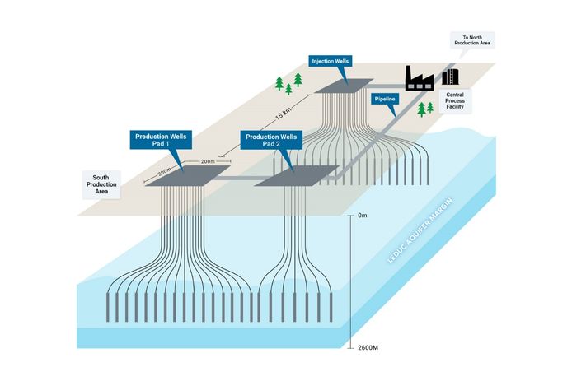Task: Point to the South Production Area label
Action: pos(101,185)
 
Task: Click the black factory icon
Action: pos(420,79)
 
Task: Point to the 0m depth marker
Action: pos(364,216)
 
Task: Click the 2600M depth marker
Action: pos(368,346)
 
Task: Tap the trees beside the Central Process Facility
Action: pos(426,108)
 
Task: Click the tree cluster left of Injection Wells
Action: pos(288,83)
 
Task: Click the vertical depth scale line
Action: pos(352,280)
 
